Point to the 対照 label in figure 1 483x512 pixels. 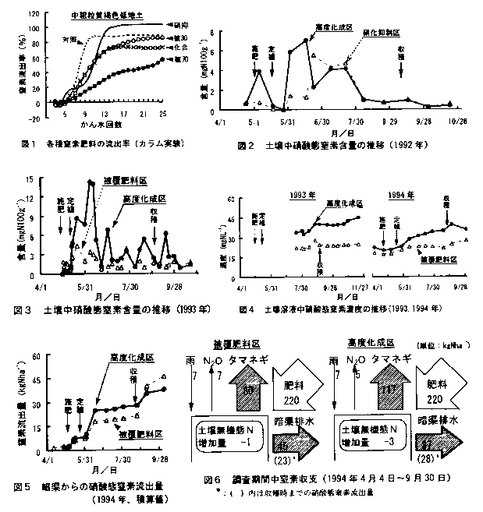(x=73, y=39)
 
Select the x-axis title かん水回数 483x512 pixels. (x=100, y=125)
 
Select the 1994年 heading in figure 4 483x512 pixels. (x=400, y=194)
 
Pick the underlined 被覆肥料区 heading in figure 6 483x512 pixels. (x=231, y=345)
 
